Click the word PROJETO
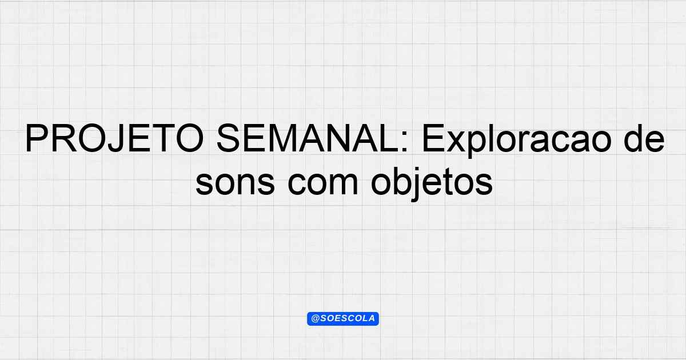pos(114,138)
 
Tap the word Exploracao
pos(517,141)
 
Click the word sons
pos(235,183)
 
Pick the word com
pos(323,183)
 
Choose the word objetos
pos(432,183)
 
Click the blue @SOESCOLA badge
pos(343,319)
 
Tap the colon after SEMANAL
pos(404,142)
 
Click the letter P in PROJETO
pos(37,138)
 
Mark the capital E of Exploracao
pos(433,138)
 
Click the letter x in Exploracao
pos(458,142)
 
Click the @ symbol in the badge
pos(316,319)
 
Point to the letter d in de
pos(633,138)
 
